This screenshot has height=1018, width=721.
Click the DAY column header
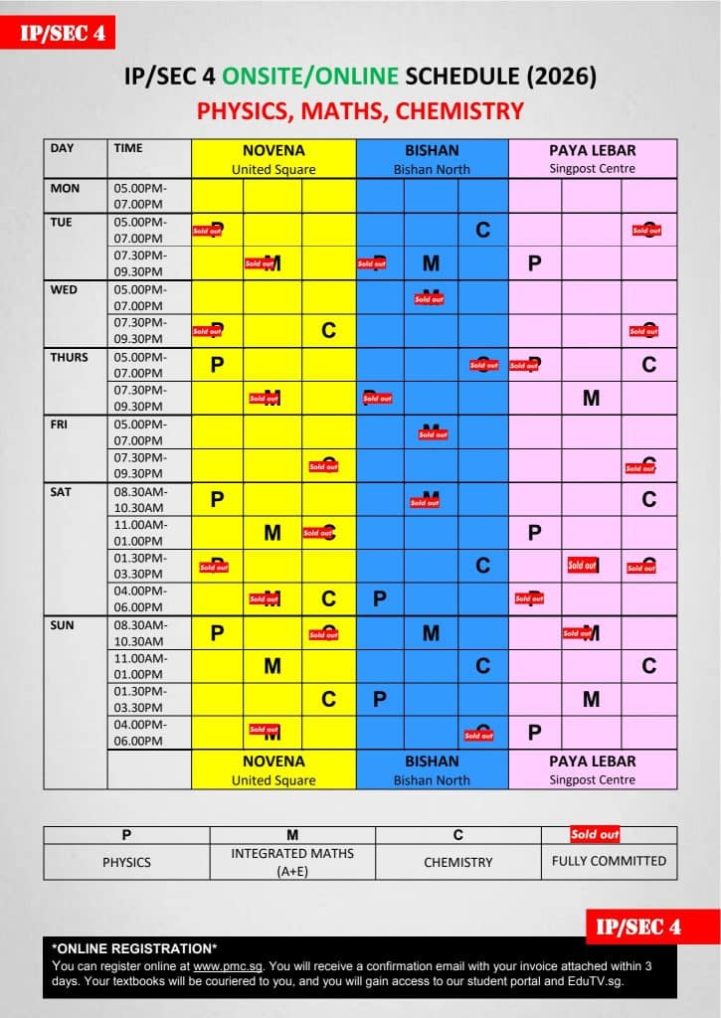pos(63,148)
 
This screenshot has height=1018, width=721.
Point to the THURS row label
pos(69,357)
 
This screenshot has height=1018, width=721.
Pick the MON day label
pos(65,188)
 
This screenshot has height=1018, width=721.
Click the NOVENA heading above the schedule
pos(273,150)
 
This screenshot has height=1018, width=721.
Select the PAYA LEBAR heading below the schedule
pos(592,761)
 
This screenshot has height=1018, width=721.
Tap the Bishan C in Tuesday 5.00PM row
pos(482,231)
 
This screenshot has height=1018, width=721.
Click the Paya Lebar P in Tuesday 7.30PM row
pos(534,263)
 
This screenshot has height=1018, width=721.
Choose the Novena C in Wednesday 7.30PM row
pos(328,331)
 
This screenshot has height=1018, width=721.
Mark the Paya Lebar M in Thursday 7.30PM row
pos(591,398)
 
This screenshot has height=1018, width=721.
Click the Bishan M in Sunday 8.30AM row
pos(431,632)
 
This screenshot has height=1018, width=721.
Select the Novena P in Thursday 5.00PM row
pos(217,365)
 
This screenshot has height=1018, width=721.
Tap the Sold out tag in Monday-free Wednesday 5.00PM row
pos(430,298)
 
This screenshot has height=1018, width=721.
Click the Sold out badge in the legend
pos(595,834)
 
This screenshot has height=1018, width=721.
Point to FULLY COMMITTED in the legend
pos(609,861)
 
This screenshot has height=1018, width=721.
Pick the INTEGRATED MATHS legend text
pos(292,853)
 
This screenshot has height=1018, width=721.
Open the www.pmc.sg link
pos(220,965)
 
